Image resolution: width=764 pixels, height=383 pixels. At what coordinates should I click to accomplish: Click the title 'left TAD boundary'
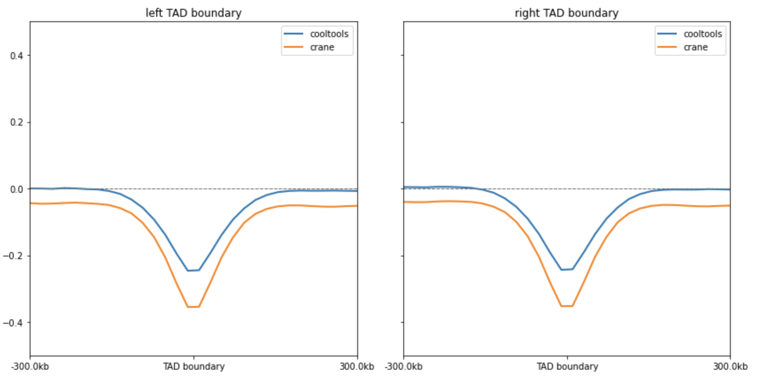tap(193, 13)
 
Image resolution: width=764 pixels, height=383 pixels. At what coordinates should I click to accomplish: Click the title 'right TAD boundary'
tap(566, 13)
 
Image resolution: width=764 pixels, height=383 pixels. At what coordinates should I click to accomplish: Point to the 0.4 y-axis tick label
tap(17, 56)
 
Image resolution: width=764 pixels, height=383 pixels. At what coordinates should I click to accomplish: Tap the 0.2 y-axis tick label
tap(17, 123)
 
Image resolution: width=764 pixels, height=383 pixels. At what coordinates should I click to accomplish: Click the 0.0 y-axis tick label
tap(17, 189)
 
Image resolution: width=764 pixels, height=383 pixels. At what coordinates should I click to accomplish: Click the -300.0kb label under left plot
tap(30, 367)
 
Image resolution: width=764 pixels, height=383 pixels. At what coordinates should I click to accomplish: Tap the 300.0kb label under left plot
tap(357, 367)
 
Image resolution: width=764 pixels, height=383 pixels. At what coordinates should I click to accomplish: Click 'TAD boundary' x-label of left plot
tap(194, 367)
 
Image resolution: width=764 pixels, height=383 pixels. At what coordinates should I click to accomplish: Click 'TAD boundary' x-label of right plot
tap(567, 367)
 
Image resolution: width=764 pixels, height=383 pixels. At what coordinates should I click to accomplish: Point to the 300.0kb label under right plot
tap(730, 367)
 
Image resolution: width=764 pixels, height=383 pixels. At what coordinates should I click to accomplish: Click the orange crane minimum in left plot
tap(193, 307)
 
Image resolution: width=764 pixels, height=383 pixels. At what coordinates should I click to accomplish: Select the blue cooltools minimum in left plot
tap(193, 270)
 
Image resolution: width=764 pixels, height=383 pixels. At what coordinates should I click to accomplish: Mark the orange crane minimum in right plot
tap(567, 306)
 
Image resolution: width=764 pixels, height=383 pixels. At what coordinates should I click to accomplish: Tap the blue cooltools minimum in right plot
tap(567, 269)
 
